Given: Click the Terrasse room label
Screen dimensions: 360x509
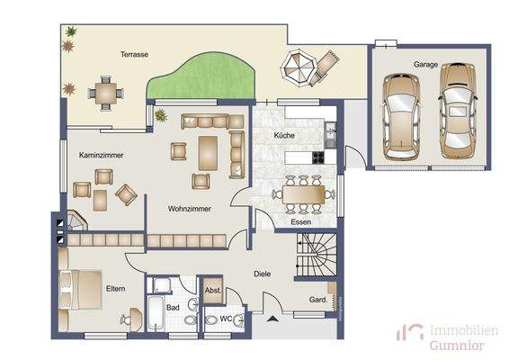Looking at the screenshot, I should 135,55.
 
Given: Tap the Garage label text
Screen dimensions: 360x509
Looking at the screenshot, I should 425,66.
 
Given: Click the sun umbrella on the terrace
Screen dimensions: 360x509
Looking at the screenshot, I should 298,64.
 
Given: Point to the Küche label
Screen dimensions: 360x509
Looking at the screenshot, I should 285,136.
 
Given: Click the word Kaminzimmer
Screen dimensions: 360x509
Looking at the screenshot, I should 101,156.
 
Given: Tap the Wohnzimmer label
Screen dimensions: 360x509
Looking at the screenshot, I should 189,208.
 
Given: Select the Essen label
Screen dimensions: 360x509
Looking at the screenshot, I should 300,221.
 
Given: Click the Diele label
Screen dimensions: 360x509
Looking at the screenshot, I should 263,274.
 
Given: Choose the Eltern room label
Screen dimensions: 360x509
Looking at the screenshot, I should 115,288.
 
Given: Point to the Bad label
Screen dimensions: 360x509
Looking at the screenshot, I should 174,307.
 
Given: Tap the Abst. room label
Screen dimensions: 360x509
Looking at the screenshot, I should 213,290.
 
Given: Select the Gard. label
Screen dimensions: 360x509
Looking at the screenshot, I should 317,299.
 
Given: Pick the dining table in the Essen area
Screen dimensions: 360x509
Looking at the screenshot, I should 303,193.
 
